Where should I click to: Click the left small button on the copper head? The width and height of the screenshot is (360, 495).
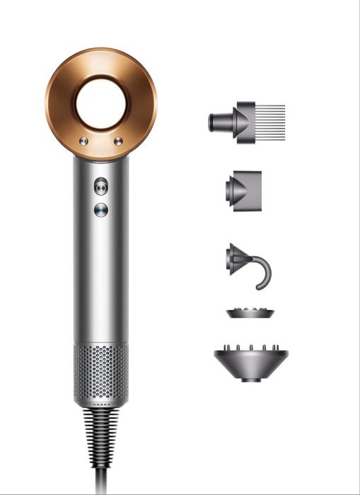[83, 141]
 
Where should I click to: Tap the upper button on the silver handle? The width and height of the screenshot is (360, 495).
[101, 185]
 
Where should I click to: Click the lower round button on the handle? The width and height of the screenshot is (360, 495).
[101, 209]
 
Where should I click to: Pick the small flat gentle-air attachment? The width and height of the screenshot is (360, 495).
[250, 314]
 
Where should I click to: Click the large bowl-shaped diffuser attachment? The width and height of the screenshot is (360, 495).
[251, 361]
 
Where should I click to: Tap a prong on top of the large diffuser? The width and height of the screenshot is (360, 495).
[251, 347]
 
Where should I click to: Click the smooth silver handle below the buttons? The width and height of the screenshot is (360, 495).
[101, 283]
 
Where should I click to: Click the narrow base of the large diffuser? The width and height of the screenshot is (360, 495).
[251, 379]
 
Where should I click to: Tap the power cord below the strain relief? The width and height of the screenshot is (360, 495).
[101, 481]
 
